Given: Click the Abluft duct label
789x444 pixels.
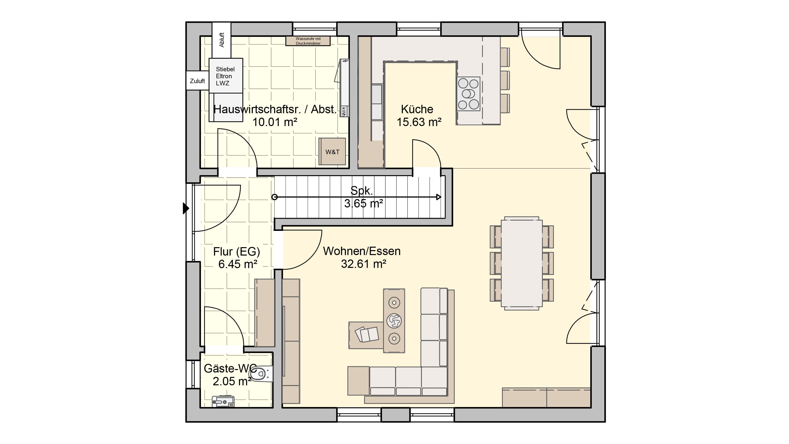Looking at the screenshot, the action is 221,40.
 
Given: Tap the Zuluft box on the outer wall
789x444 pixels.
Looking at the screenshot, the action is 197,81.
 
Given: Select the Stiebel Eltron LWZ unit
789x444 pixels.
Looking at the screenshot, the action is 226,76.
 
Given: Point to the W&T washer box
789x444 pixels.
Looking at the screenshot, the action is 332,152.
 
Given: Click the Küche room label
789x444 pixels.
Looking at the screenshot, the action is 417,109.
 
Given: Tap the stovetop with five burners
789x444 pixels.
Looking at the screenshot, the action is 468,94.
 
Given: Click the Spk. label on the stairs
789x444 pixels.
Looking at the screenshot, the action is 362,191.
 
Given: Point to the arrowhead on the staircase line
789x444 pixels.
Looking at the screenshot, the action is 439,197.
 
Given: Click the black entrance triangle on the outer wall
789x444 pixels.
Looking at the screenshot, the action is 186,208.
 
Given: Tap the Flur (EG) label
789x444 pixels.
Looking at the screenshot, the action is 236,252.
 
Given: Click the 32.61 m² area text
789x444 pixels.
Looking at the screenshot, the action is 364,264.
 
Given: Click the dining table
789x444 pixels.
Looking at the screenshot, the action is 522,263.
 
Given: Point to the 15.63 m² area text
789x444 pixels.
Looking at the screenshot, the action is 419,122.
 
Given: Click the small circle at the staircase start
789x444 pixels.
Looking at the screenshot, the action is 275,197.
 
